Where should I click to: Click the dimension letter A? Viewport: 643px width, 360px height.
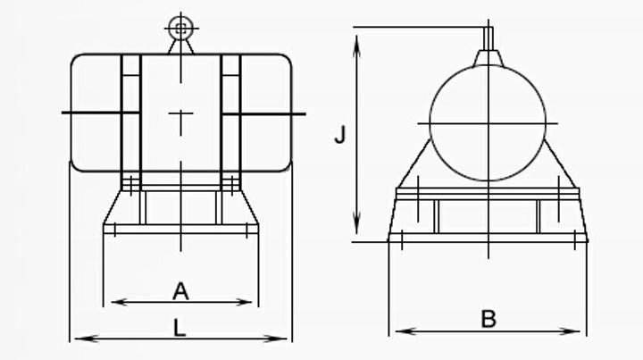click(x=180, y=290)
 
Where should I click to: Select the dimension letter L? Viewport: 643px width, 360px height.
click(x=180, y=328)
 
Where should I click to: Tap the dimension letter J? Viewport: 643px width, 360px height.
click(x=339, y=135)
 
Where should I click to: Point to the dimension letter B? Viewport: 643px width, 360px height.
click(x=488, y=318)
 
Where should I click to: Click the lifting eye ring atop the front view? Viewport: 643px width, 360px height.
click(x=180, y=29)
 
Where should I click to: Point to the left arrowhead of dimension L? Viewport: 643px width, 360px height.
click(x=77, y=339)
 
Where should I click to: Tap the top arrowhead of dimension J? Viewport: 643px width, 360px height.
click(x=357, y=35)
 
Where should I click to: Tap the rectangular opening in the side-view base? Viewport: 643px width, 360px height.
click(x=488, y=215)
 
